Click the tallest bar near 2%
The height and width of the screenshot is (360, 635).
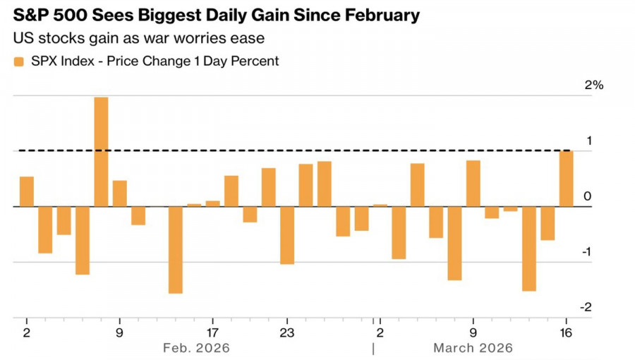coord(101,152)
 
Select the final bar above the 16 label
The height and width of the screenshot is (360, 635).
coord(566,179)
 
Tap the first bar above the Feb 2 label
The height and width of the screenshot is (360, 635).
coord(27,191)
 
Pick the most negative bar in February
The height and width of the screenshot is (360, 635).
coord(175,250)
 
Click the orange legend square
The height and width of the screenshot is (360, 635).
coord(18,61)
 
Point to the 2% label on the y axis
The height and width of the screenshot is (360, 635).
coord(594,85)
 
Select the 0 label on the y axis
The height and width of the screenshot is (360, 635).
coord(588,196)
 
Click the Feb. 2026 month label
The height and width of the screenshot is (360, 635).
coord(196,348)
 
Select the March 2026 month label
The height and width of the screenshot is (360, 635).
coord(473,348)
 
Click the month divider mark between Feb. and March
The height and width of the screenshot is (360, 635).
coord(373,348)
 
